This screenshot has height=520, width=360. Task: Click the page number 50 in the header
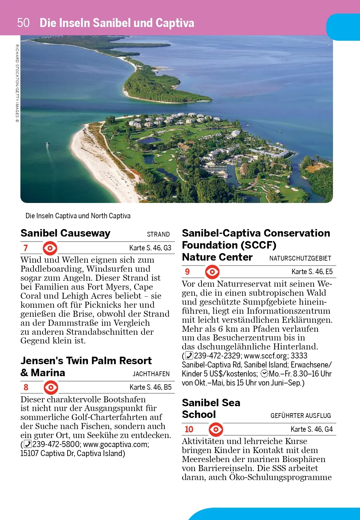[x=23, y=23]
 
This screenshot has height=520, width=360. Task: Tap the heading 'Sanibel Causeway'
[x=65, y=233]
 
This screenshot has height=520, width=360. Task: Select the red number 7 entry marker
[x=25, y=248]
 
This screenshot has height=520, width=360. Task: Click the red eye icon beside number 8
[x=51, y=387]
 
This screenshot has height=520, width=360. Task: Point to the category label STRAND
[x=158, y=234]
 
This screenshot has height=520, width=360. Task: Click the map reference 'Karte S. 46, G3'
[x=150, y=248]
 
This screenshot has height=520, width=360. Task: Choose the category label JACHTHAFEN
[x=151, y=374]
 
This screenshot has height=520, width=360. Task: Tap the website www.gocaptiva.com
[x=116, y=444]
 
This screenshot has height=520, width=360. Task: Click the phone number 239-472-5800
[x=56, y=444]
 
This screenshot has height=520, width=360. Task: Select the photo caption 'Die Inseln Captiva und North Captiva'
[x=78, y=216]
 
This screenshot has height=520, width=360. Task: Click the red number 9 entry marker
[x=187, y=272]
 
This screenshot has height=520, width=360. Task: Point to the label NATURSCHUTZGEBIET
[x=300, y=258]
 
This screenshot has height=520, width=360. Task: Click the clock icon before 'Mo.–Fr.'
[x=264, y=374]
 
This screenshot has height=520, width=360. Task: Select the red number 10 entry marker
[x=189, y=429]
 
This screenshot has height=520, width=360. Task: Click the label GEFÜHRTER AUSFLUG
[x=301, y=416]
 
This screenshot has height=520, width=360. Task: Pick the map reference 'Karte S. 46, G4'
[x=311, y=429]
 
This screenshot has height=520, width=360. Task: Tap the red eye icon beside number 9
[x=212, y=272]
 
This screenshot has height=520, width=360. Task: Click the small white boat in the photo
[x=47, y=145]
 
